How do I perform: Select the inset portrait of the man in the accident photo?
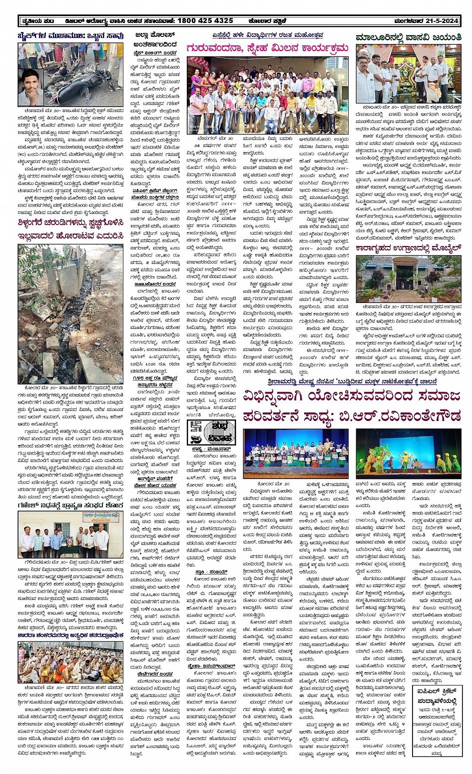[31, 87]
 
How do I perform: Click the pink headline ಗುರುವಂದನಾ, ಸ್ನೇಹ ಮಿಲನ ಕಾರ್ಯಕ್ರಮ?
[267, 48]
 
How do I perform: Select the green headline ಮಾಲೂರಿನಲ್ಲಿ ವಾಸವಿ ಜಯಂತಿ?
[408, 37]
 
